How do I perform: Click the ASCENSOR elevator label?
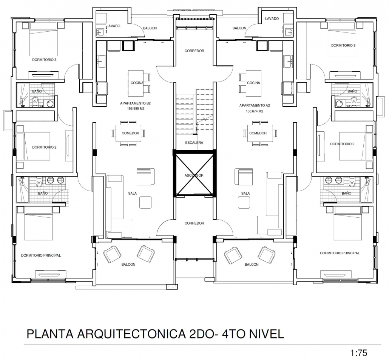click(x=194, y=175)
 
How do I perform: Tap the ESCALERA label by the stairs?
click(x=194, y=143)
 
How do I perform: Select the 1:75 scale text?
click(x=359, y=352)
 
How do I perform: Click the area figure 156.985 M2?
click(x=136, y=109)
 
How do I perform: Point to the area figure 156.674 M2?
click(x=255, y=111)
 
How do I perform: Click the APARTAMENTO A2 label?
click(x=255, y=105)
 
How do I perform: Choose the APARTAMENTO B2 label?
click(x=136, y=103)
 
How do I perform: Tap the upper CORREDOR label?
click(x=194, y=51)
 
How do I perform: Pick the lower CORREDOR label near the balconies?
click(x=194, y=223)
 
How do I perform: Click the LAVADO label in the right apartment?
click(x=272, y=18)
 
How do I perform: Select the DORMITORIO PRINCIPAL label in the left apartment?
click(x=41, y=255)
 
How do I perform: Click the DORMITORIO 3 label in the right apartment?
click(x=343, y=45)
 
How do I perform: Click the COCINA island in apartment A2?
click(x=253, y=83)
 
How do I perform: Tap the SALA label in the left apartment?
click(x=133, y=193)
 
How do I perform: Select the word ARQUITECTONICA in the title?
click(x=131, y=334)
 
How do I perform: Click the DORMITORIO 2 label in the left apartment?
click(x=45, y=147)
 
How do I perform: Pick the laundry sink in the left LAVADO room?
click(x=100, y=32)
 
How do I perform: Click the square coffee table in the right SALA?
click(x=244, y=202)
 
